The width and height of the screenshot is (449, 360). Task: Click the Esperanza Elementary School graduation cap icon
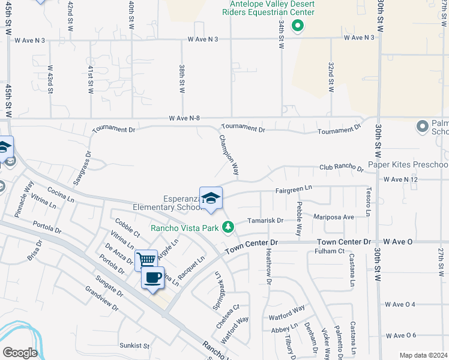(211, 199)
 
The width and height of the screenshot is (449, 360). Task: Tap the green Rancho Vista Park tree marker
(228, 227)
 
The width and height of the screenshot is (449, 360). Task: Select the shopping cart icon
(146, 260)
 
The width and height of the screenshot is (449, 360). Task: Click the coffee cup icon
(153, 278)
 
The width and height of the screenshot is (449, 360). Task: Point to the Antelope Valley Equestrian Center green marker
(296, 26)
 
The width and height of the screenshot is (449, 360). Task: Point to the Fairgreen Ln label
(294, 188)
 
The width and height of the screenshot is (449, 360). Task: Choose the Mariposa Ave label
(334, 217)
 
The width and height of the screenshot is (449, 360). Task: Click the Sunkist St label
(134, 346)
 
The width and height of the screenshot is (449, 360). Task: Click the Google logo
(19, 353)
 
